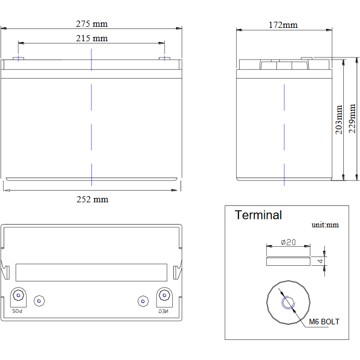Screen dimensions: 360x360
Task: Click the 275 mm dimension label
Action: coord(92,24)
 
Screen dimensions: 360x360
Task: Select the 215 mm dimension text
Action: coord(92,38)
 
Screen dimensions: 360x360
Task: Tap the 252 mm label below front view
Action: coord(93,200)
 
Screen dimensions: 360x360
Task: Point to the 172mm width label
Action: coord(283,25)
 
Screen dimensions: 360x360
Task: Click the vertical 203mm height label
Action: coord(339,120)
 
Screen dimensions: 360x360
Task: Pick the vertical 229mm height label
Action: coord(352,119)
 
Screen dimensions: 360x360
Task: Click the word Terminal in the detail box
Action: coord(258,215)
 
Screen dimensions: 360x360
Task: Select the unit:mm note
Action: coord(325,225)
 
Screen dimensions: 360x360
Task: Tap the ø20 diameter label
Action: coord(288,242)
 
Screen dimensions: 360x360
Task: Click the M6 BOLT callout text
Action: coord(324,322)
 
